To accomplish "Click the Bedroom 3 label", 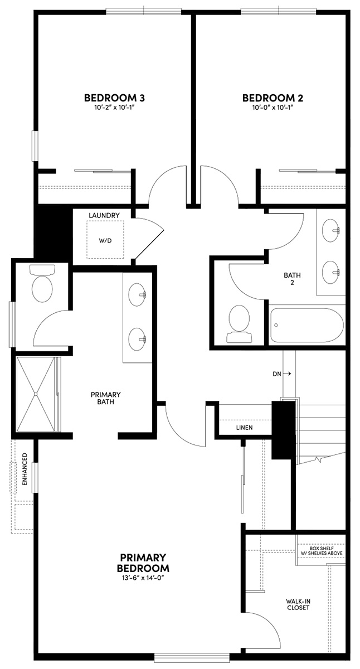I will point(114,98).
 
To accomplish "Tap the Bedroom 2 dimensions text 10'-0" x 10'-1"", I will point(273,108).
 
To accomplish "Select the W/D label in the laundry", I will point(105,241).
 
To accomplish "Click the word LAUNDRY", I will point(104,215).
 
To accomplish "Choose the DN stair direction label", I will point(277,374).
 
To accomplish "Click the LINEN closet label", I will point(244,428).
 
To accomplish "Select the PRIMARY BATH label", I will point(106,398).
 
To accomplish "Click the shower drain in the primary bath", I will point(36,394).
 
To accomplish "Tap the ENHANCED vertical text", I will point(24,469).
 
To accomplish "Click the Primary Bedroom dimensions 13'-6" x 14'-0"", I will point(143,578).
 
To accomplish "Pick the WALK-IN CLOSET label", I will point(298,604).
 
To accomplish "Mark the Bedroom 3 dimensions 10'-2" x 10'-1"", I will point(114,108).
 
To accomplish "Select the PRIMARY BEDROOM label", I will point(143,563).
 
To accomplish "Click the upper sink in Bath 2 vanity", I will point(330,229).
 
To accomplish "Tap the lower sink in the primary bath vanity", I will point(137,337).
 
